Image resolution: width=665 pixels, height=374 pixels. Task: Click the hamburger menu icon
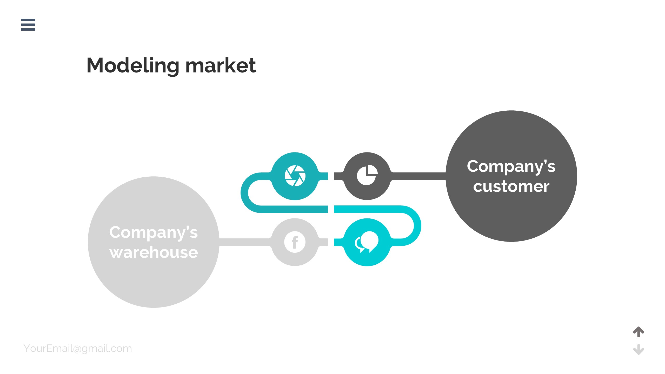click(x=28, y=25)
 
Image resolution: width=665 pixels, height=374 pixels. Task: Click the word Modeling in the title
click(x=133, y=65)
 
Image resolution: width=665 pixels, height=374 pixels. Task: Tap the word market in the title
click(x=221, y=65)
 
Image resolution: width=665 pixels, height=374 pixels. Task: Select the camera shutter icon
click(x=295, y=176)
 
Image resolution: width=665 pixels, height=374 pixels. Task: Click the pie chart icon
click(x=367, y=175)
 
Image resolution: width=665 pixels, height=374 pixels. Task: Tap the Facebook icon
click(x=295, y=242)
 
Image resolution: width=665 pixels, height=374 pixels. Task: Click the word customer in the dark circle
click(x=511, y=186)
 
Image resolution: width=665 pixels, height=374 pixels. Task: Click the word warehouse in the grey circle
click(x=154, y=252)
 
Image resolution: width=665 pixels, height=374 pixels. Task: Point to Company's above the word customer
click(x=511, y=166)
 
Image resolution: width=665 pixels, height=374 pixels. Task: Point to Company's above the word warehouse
click(x=154, y=232)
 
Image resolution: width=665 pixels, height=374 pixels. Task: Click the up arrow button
click(x=639, y=332)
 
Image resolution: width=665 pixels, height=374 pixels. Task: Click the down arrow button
click(x=639, y=349)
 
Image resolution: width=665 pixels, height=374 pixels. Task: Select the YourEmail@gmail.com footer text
click(x=78, y=349)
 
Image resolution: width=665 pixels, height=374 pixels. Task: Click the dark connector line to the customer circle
click(x=418, y=176)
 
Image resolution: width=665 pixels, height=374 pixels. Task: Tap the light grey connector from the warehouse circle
click(x=244, y=242)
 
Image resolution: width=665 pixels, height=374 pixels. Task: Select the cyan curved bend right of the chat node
click(x=417, y=225)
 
